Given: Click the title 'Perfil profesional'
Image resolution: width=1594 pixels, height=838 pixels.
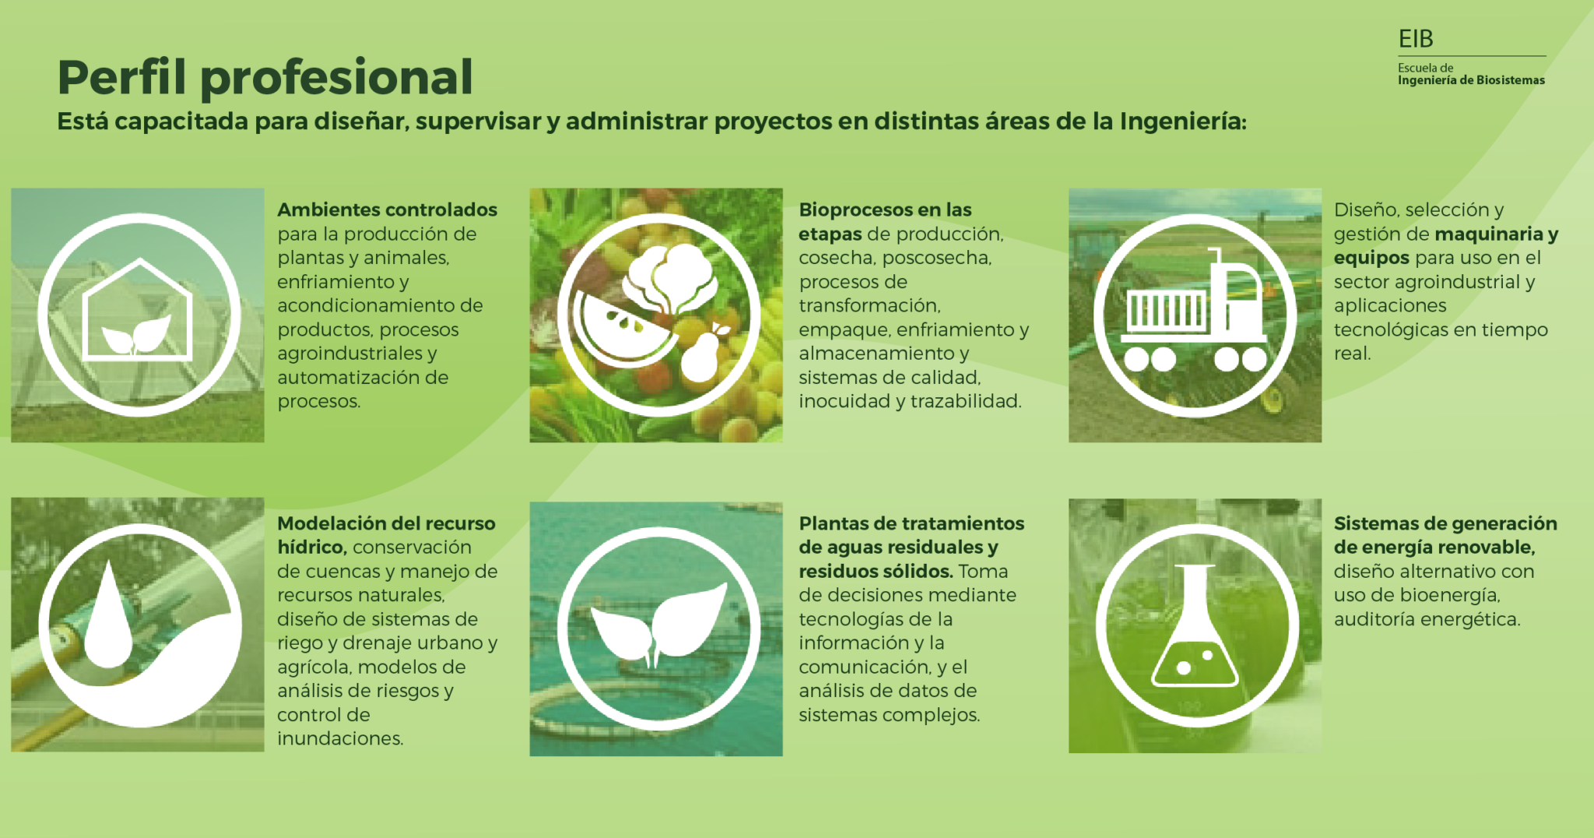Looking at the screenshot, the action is [x=265, y=79].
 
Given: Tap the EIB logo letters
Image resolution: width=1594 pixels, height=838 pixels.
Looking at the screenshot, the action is [x=1415, y=39].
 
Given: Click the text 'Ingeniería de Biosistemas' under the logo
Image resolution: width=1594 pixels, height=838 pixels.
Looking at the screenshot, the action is [x=1471, y=80].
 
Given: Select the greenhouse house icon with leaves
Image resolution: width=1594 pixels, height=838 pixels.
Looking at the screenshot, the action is [x=138, y=309].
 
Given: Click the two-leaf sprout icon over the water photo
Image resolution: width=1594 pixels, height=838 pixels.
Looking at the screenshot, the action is [x=658, y=623].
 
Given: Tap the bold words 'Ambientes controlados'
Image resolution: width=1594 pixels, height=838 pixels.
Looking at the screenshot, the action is [x=387, y=210].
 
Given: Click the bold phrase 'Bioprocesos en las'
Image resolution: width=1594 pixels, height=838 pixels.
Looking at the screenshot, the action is [x=885, y=210].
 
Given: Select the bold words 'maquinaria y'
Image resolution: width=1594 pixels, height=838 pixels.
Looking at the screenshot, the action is [x=1496, y=234].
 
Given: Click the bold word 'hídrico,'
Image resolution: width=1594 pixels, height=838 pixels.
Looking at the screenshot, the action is [x=312, y=548].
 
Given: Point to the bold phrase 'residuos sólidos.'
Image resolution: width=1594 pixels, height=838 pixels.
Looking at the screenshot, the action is [x=876, y=571].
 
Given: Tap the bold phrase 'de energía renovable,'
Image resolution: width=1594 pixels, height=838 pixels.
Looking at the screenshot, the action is [x=1434, y=548].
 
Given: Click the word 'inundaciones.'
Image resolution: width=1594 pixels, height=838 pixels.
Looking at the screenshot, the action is [x=340, y=738].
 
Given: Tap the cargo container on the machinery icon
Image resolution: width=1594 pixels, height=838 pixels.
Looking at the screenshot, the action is [x=1167, y=310].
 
